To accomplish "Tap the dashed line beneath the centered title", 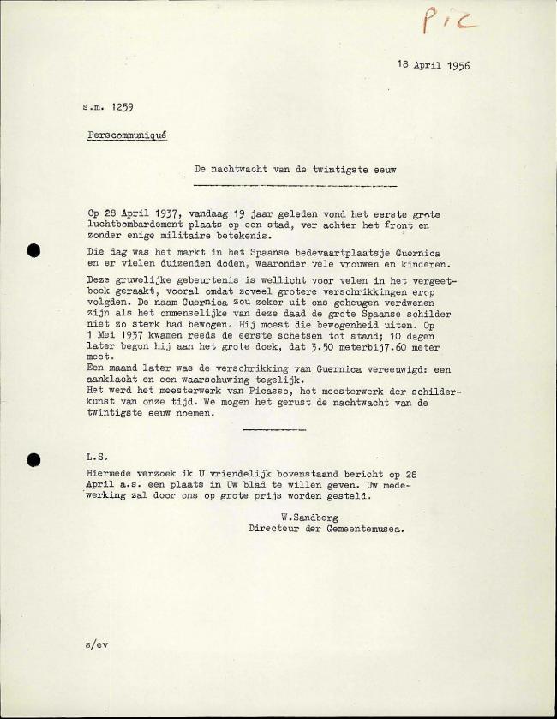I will [x=295, y=184].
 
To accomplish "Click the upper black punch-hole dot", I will [x=34, y=250].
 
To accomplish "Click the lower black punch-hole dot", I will [x=34, y=459].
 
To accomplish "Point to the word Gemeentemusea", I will [x=366, y=529].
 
